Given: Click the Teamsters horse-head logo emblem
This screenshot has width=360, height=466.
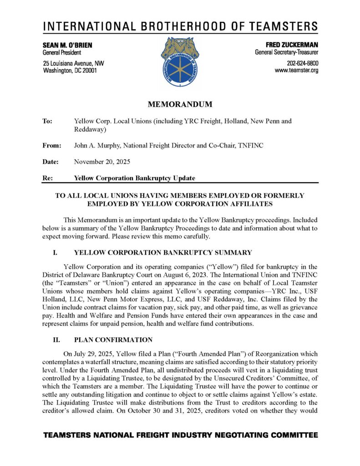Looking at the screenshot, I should pyautogui.click(x=180, y=62).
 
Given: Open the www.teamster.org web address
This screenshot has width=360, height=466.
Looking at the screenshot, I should pyautogui.click(x=296, y=71).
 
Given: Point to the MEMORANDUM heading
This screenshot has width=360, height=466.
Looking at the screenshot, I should pyautogui.click(x=180, y=104).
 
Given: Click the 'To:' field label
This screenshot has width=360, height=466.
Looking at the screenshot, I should pyautogui.click(x=47, y=122).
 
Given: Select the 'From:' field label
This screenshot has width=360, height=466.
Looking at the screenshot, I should pyautogui.click(x=51, y=146).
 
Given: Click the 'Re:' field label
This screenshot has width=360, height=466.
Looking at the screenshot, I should pyautogui.click(x=47, y=178).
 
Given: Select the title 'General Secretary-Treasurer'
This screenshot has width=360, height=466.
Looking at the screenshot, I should pyautogui.click(x=286, y=53).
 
